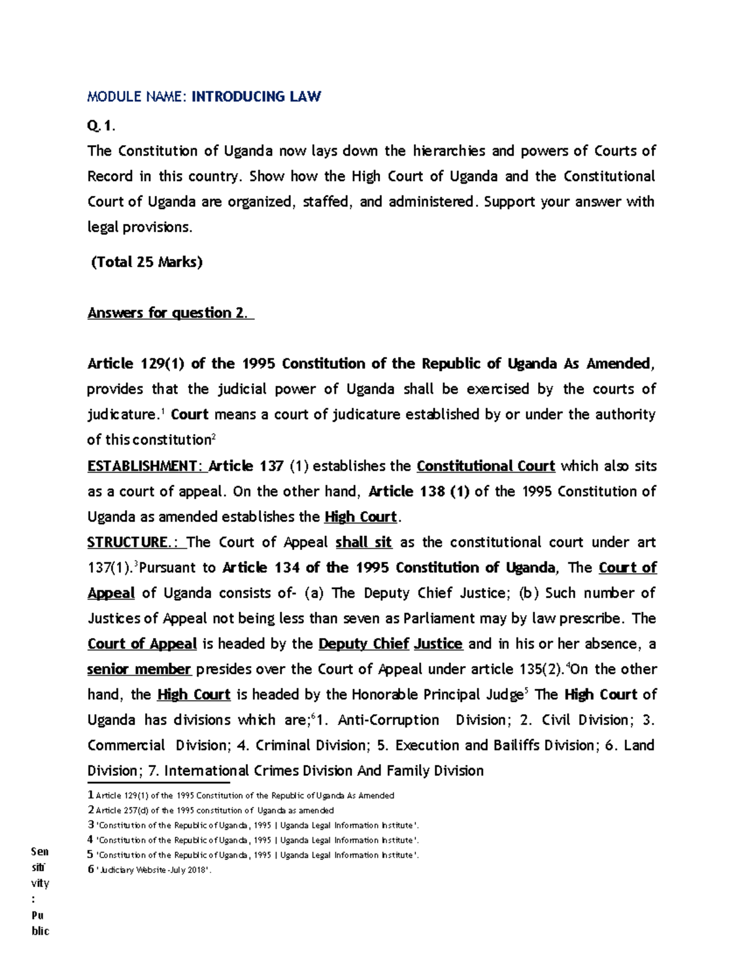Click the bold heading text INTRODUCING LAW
[256, 96]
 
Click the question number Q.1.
[101, 126]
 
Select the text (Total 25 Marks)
[146, 262]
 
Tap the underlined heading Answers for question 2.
[170, 313]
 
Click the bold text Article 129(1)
[136, 363]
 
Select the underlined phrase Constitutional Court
[485, 466]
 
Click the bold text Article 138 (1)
[419, 491]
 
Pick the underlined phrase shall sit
[363, 542]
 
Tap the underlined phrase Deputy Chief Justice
[390, 644]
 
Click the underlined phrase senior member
[139, 669]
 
